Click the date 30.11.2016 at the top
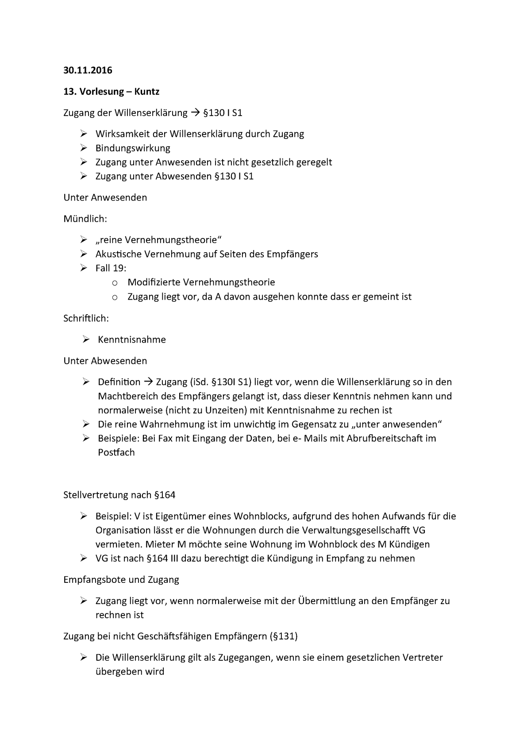click(88, 70)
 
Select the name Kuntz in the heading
click(145, 92)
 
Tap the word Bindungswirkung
click(133, 148)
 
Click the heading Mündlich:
click(85, 219)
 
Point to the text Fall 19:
click(111, 268)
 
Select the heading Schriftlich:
click(86, 318)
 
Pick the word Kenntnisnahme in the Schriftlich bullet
click(132, 339)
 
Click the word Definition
click(119, 382)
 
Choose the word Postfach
click(116, 452)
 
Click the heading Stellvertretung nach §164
click(119, 495)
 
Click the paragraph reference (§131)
click(283, 636)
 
